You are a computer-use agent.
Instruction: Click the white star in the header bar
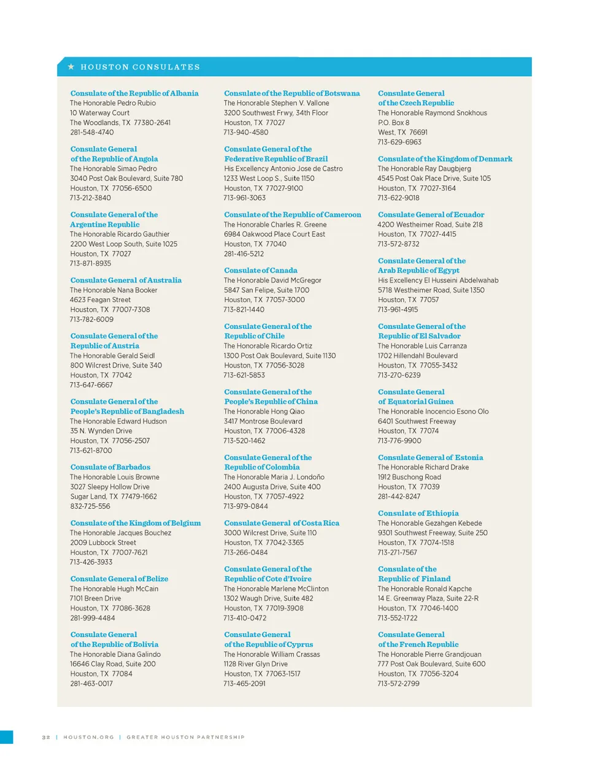coord(71,66)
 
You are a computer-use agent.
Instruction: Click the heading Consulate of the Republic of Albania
coord(134,93)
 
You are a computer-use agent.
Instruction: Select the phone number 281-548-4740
coord(91,132)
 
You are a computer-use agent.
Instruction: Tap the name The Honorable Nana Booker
coord(114,290)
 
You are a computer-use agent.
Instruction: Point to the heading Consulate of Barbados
coord(110,467)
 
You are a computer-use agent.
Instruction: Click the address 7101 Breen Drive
coord(95,598)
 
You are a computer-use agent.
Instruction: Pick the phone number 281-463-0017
coord(91,683)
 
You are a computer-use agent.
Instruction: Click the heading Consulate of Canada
coord(261,270)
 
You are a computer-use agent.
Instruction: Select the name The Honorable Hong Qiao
coord(264,411)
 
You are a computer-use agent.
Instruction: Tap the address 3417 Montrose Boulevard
coord(263,421)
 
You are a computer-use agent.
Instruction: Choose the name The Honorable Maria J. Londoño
coord(274,477)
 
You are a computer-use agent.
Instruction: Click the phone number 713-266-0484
coord(245,552)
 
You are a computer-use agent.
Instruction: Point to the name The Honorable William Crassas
coord(272,654)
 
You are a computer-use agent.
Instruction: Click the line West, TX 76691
coord(402,132)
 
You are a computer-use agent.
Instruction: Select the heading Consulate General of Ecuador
coord(431,215)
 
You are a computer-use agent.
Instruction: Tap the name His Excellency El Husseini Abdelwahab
coord(438,280)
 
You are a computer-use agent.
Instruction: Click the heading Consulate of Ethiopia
coord(418,513)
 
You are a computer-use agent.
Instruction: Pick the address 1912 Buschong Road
coord(409,477)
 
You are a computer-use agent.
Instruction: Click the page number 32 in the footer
coord(46,737)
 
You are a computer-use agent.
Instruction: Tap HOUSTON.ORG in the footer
coord(88,737)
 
